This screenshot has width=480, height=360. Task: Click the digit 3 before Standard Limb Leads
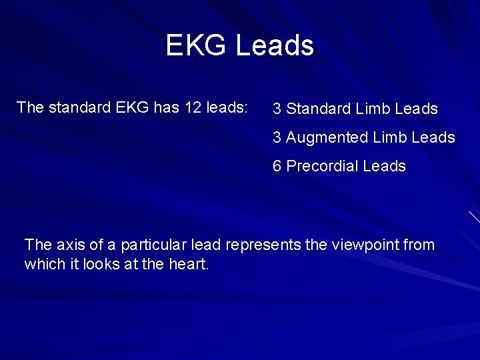point(277,109)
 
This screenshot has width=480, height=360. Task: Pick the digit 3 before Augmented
point(277,137)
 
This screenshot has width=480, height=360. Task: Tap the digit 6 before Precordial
point(277,166)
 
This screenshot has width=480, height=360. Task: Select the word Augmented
point(327,137)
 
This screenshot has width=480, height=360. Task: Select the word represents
point(263,245)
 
